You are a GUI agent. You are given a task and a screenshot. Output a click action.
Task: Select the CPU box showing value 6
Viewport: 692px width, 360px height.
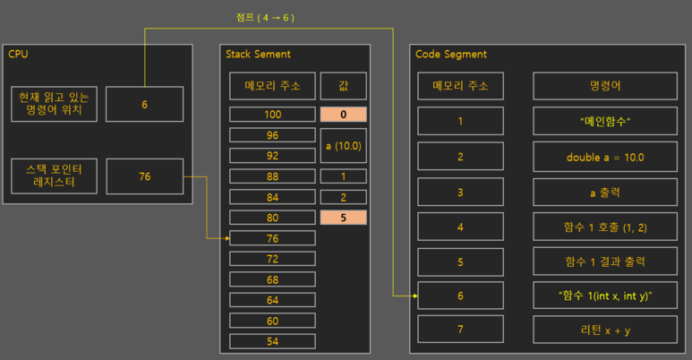click(x=144, y=104)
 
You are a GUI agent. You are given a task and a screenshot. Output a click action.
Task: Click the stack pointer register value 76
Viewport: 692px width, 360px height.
click(x=144, y=176)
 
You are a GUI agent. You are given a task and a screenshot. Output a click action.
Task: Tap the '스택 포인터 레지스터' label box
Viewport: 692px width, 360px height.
click(x=54, y=176)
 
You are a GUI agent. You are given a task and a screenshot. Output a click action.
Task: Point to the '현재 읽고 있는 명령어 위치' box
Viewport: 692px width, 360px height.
click(x=54, y=104)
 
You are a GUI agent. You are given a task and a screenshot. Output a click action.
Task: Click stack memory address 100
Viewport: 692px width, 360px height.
click(x=272, y=115)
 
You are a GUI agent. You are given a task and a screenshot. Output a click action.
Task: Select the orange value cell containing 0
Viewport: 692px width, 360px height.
click(x=344, y=115)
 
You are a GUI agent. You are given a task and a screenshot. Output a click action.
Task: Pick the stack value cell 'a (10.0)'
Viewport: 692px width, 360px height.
click(x=344, y=145)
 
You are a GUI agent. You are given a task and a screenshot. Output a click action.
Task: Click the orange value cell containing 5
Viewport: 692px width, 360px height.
click(x=344, y=218)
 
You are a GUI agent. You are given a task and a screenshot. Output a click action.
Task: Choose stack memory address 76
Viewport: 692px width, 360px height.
click(x=272, y=238)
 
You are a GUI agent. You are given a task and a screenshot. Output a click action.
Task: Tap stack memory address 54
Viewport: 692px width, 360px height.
click(x=272, y=341)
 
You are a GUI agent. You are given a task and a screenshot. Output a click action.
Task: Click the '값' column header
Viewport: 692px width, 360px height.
click(x=344, y=86)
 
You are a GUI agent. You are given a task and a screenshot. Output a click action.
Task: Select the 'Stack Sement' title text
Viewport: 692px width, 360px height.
click(x=259, y=55)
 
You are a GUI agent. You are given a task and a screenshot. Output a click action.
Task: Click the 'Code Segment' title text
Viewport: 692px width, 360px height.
click(x=451, y=55)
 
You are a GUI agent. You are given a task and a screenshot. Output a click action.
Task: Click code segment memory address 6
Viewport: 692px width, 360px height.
click(x=460, y=295)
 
